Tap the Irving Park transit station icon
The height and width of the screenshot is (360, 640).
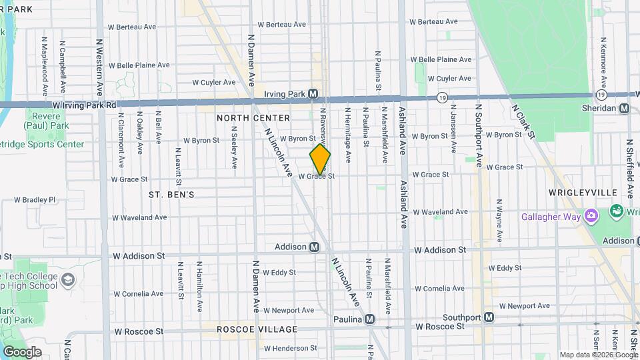pyautogui.click(x=313, y=94)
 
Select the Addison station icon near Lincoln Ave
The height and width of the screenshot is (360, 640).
pyautogui.click(x=315, y=247)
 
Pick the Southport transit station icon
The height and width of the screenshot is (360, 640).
pyautogui.click(x=489, y=317)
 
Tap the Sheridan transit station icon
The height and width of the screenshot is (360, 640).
pyautogui.click(x=624, y=108)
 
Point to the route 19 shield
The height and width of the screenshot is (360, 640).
pyautogui.click(x=442, y=97)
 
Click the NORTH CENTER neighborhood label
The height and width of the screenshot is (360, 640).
pyautogui.click(x=253, y=118)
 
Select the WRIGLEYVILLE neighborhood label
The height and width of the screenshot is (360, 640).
pyautogui.click(x=583, y=192)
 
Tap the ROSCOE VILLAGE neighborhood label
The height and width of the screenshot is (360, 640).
pyautogui.click(x=257, y=329)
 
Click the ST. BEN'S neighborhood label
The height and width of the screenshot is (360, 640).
pyautogui.click(x=171, y=195)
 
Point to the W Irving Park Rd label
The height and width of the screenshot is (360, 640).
pyautogui.click(x=84, y=105)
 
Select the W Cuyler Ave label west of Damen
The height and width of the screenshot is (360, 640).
pyautogui.click(x=214, y=83)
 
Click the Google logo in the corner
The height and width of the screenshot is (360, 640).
pyautogui.click(x=22, y=351)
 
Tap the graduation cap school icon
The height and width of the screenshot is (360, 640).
pyautogui.click(x=67, y=280)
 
